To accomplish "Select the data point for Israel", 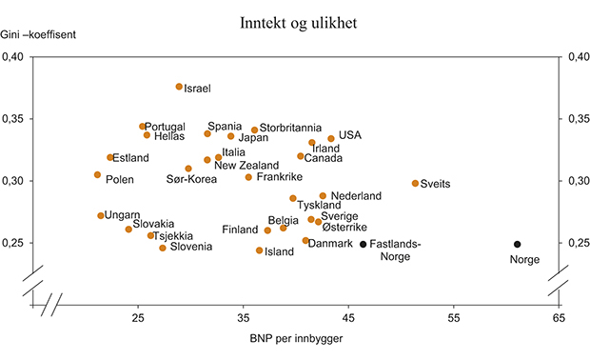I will tap(179, 87).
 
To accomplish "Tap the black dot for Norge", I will tap(518, 245).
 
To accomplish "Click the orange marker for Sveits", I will tap(415, 183).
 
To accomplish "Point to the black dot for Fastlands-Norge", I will tap(363, 245).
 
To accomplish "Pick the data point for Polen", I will tap(97, 174).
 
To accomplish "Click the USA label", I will tap(350, 136).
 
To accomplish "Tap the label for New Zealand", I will tap(246, 166).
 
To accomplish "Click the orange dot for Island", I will tap(260, 250).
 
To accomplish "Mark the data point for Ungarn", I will tap(101, 215).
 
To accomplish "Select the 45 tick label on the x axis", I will tap(348, 317).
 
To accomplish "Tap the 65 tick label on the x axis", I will tap(559, 317).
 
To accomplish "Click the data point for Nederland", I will tap(323, 195).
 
